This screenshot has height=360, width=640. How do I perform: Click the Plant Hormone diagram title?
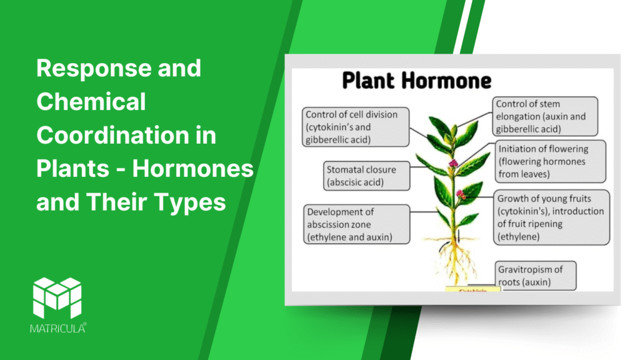(416, 81)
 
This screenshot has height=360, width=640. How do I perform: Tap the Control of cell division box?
(351, 127)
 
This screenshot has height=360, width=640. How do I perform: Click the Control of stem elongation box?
(545, 115)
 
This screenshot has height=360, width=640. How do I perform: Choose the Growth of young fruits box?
(551, 217)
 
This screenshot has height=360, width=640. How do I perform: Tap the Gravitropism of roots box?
(536, 276)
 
